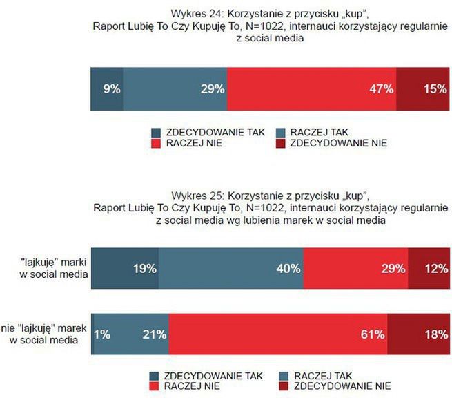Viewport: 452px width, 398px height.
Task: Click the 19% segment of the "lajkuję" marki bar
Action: tap(125, 268)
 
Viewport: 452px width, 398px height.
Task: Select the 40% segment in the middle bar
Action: tap(231, 268)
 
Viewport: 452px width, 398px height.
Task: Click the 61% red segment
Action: tap(277, 334)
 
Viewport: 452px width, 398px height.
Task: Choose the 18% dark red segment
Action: tap(416, 334)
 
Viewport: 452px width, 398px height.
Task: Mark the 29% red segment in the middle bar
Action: tap(355, 268)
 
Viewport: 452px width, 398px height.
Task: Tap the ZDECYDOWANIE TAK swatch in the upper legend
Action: tap(155, 131)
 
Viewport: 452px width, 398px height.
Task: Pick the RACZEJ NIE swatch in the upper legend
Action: tap(155, 143)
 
